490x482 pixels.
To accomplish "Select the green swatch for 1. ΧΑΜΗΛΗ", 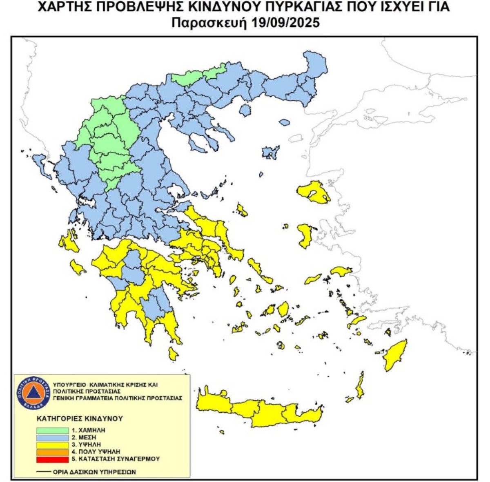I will click(x=52, y=430).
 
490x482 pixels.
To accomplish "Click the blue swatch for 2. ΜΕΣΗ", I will click(x=52, y=437).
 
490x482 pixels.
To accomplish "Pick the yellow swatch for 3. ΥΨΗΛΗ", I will click(x=52, y=444).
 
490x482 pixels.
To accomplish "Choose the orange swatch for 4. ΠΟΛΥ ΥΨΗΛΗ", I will click(x=52, y=451).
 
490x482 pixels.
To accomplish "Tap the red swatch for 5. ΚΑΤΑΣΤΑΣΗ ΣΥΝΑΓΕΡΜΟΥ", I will click(x=52, y=459).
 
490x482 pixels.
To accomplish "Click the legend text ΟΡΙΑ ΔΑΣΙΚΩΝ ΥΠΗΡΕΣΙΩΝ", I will click(x=94, y=472).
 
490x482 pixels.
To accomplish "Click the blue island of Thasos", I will click(x=245, y=110).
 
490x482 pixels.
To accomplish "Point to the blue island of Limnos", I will click(x=270, y=152).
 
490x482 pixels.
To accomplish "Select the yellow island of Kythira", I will click(x=173, y=354).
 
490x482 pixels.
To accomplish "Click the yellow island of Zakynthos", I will click(x=77, y=268).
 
